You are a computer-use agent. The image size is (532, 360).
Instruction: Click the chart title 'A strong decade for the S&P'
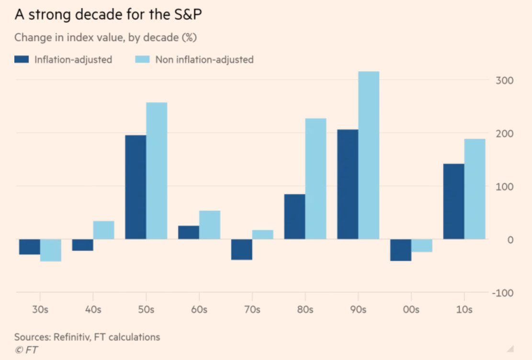pos(109,15)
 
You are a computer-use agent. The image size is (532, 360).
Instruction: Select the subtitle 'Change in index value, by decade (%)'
pos(105,37)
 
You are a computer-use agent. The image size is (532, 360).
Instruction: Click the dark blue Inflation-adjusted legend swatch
pos(22,60)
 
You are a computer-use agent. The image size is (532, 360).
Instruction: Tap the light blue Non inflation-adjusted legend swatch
pos(142,60)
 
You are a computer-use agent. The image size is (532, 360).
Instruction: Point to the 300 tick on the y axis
pos(504,80)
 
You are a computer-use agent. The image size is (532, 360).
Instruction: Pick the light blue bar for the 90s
pos(369,155)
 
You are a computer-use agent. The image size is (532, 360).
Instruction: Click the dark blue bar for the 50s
pos(136,187)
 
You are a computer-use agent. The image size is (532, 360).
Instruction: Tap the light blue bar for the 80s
pos(316,179)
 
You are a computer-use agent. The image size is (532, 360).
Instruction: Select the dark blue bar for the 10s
pos(453,202)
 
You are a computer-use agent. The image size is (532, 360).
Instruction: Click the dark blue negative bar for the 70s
pos(242,249)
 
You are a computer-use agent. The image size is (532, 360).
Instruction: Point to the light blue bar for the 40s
pos(103,230)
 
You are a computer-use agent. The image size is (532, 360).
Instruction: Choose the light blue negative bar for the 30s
pos(51,250)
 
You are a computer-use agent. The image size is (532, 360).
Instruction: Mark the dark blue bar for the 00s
pos(401,250)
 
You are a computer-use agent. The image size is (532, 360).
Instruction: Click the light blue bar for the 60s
pos(210,225)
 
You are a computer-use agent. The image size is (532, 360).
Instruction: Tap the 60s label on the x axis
pos(199,310)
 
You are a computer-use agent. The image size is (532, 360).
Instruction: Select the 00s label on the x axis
pos(411,310)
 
